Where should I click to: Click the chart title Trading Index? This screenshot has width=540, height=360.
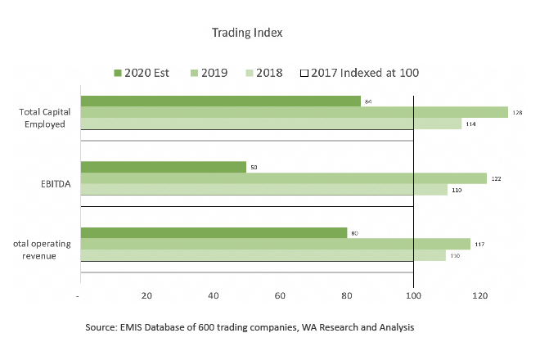click(247, 33)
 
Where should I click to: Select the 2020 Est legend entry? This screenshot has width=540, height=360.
click(142, 73)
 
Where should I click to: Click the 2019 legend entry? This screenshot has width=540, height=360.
click(208, 73)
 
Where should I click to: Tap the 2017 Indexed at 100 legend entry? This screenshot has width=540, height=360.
click(360, 73)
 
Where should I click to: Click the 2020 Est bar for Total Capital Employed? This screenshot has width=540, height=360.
click(221, 101)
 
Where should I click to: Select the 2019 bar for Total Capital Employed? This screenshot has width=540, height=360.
click(295, 112)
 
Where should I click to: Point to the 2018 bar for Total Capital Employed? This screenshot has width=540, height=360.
click(271, 124)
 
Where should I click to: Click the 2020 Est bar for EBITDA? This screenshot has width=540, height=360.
click(164, 167)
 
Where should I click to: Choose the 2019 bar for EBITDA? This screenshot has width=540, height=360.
click(284, 178)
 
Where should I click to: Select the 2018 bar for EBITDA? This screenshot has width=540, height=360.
click(264, 189)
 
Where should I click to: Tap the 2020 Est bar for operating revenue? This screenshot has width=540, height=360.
click(214, 232)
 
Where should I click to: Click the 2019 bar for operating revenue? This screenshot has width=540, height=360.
click(276, 244)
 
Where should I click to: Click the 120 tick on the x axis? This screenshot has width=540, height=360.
click(480, 295)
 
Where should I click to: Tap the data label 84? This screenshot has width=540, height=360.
click(369, 101)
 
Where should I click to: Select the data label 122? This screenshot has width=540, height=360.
click(497, 178)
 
